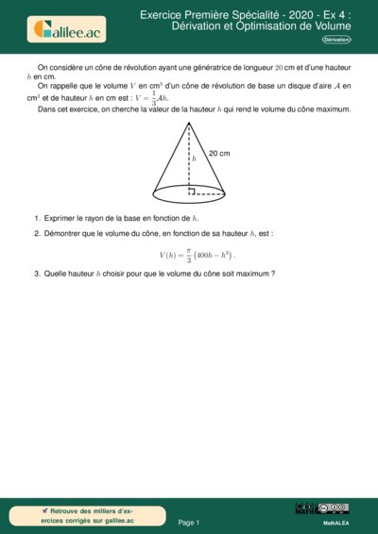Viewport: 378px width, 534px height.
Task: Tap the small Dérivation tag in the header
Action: tap(335, 41)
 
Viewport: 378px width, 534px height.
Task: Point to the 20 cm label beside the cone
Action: tap(219, 153)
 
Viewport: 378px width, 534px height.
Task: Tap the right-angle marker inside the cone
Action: tap(192, 192)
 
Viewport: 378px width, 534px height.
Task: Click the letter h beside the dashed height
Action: tap(195, 159)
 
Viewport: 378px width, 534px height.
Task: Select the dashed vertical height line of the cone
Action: tap(189, 165)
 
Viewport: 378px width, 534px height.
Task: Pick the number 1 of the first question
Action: tap(36, 218)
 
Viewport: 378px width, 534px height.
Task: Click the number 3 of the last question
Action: tap(36, 274)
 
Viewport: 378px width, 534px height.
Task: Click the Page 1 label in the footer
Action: tap(189, 522)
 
